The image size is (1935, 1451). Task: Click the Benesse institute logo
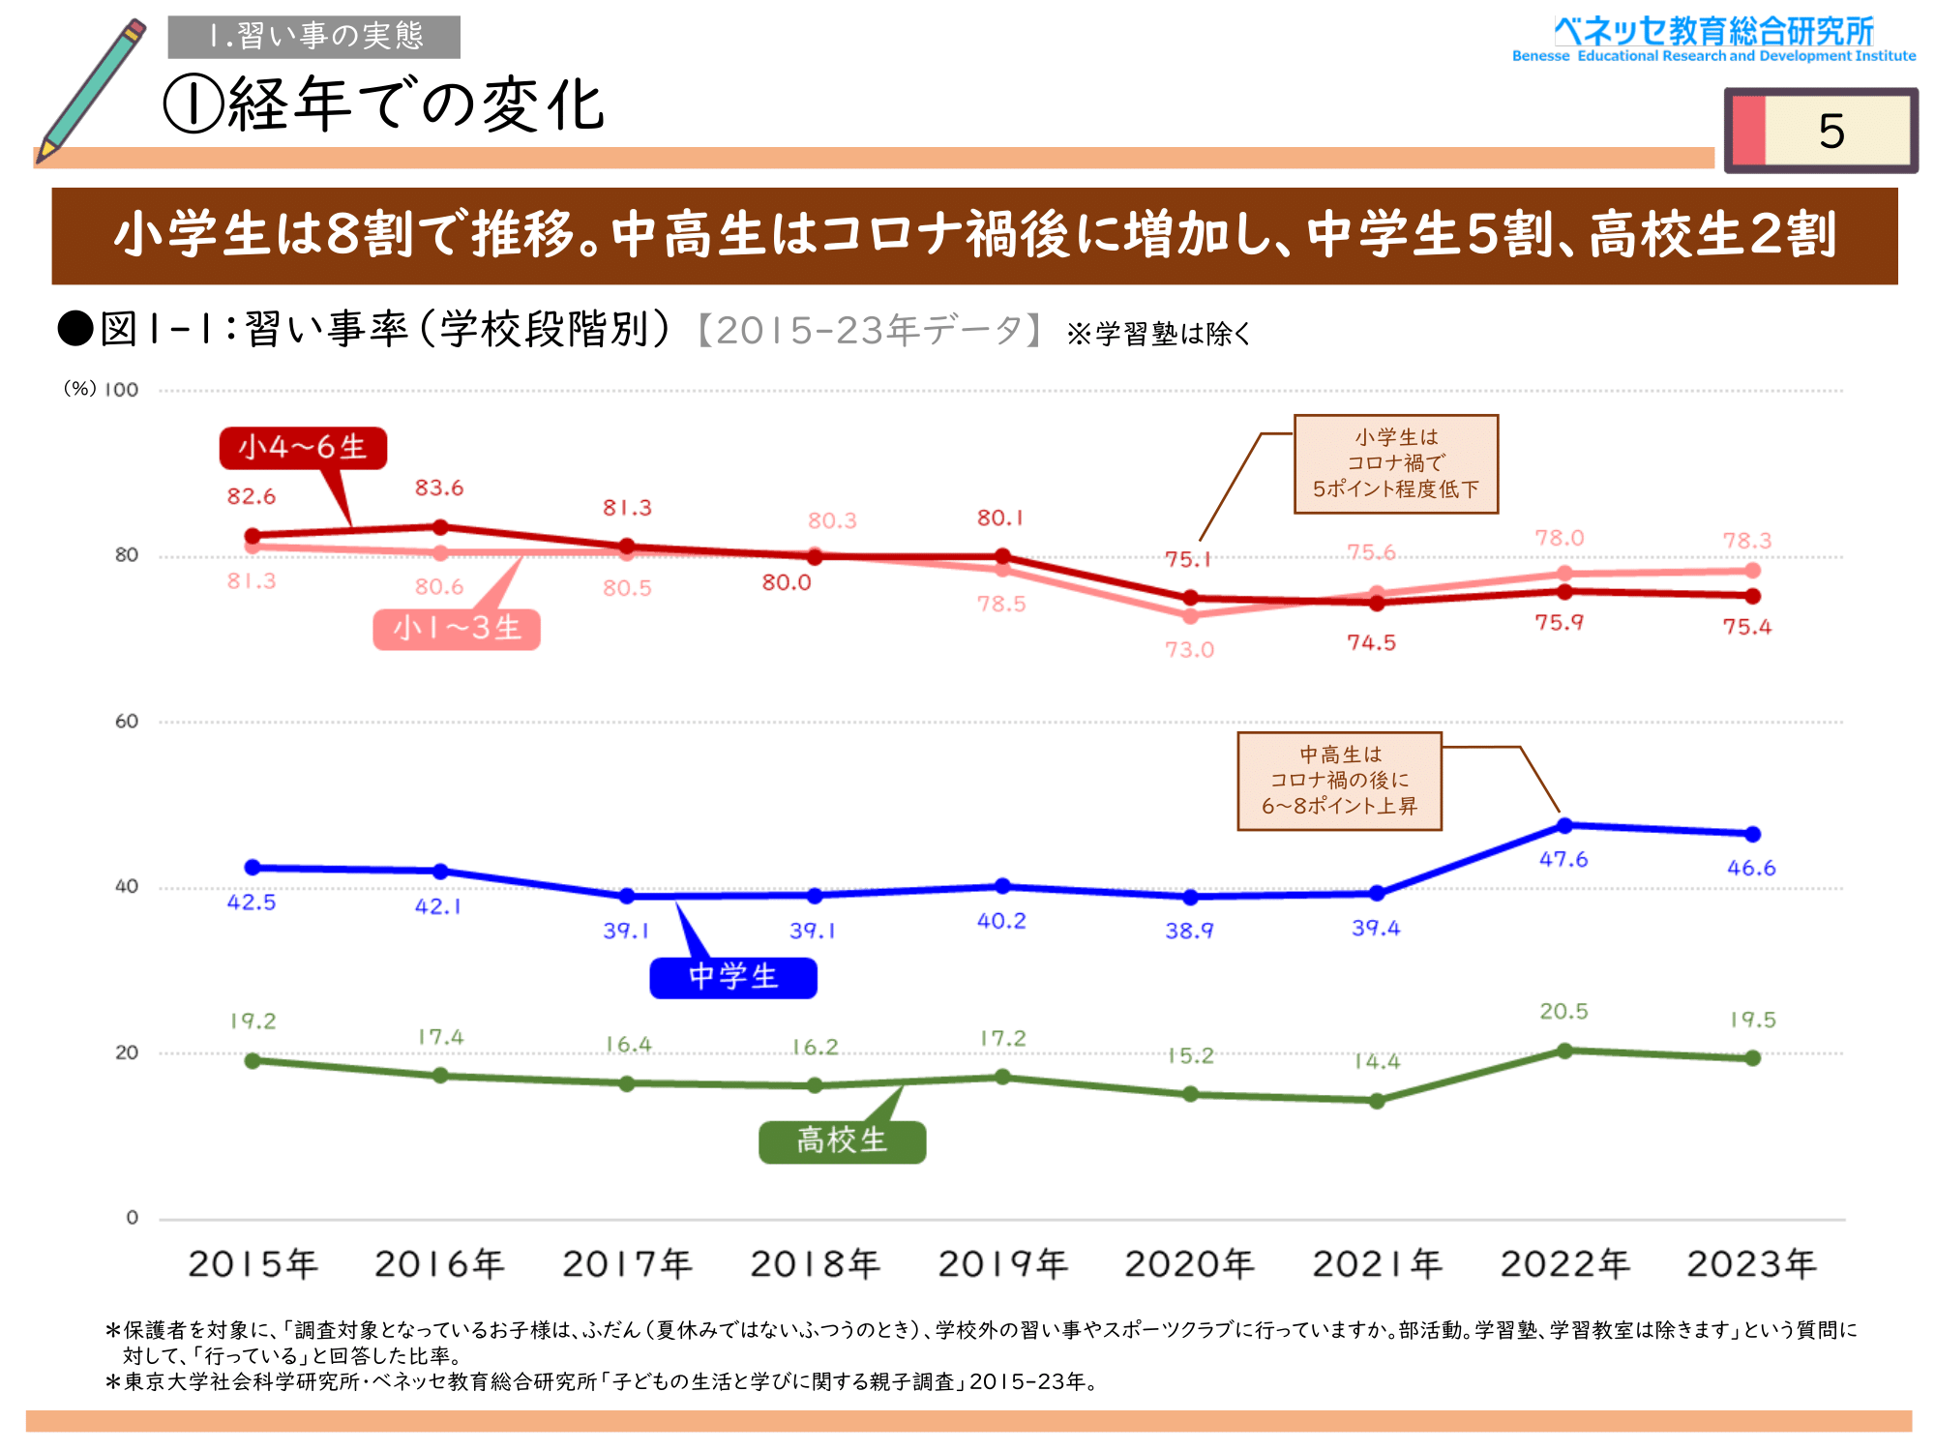click(x=1713, y=40)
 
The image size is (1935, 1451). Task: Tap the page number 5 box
click(x=1821, y=131)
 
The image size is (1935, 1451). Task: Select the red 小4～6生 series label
click(x=303, y=448)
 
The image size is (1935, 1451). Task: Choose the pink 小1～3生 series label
click(x=457, y=629)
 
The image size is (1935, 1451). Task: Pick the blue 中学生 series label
click(x=733, y=977)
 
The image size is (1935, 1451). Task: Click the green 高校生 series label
click(x=842, y=1141)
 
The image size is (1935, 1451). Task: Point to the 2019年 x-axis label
click(x=1002, y=1263)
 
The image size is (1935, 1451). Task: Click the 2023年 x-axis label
click(x=1751, y=1263)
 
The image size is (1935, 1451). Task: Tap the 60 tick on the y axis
click(x=127, y=722)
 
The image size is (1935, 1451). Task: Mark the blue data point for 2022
click(x=1564, y=825)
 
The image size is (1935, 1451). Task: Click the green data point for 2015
click(x=253, y=1061)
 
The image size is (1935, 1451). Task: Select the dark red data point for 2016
click(x=440, y=527)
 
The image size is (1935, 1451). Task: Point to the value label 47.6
click(x=1563, y=859)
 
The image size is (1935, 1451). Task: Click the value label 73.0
click(x=1189, y=649)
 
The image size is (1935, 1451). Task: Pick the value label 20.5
click(x=1563, y=1011)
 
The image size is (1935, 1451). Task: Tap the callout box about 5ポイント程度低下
click(x=1395, y=464)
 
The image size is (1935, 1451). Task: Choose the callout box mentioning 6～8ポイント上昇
click(x=1339, y=781)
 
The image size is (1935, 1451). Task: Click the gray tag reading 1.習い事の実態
click(x=313, y=37)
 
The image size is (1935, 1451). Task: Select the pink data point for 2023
click(x=1752, y=571)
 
